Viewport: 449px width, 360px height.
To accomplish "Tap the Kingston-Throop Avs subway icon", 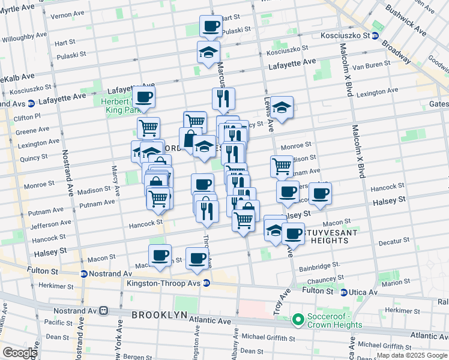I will tap(206, 283).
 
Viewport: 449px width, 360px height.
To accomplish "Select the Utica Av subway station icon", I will tap(343, 292).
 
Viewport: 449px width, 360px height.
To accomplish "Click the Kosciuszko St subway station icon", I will tap(375, 35).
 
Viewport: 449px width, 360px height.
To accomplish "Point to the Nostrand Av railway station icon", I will tap(104, 311).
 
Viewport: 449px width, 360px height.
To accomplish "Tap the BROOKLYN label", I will tap(157, 314).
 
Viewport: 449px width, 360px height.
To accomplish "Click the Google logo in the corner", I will tap(20, 352).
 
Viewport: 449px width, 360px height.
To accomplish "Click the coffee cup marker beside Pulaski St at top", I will tap(211, 25).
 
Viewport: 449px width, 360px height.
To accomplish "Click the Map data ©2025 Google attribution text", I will tap(412, 355).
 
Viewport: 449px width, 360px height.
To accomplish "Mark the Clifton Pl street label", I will tap(27, 116).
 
